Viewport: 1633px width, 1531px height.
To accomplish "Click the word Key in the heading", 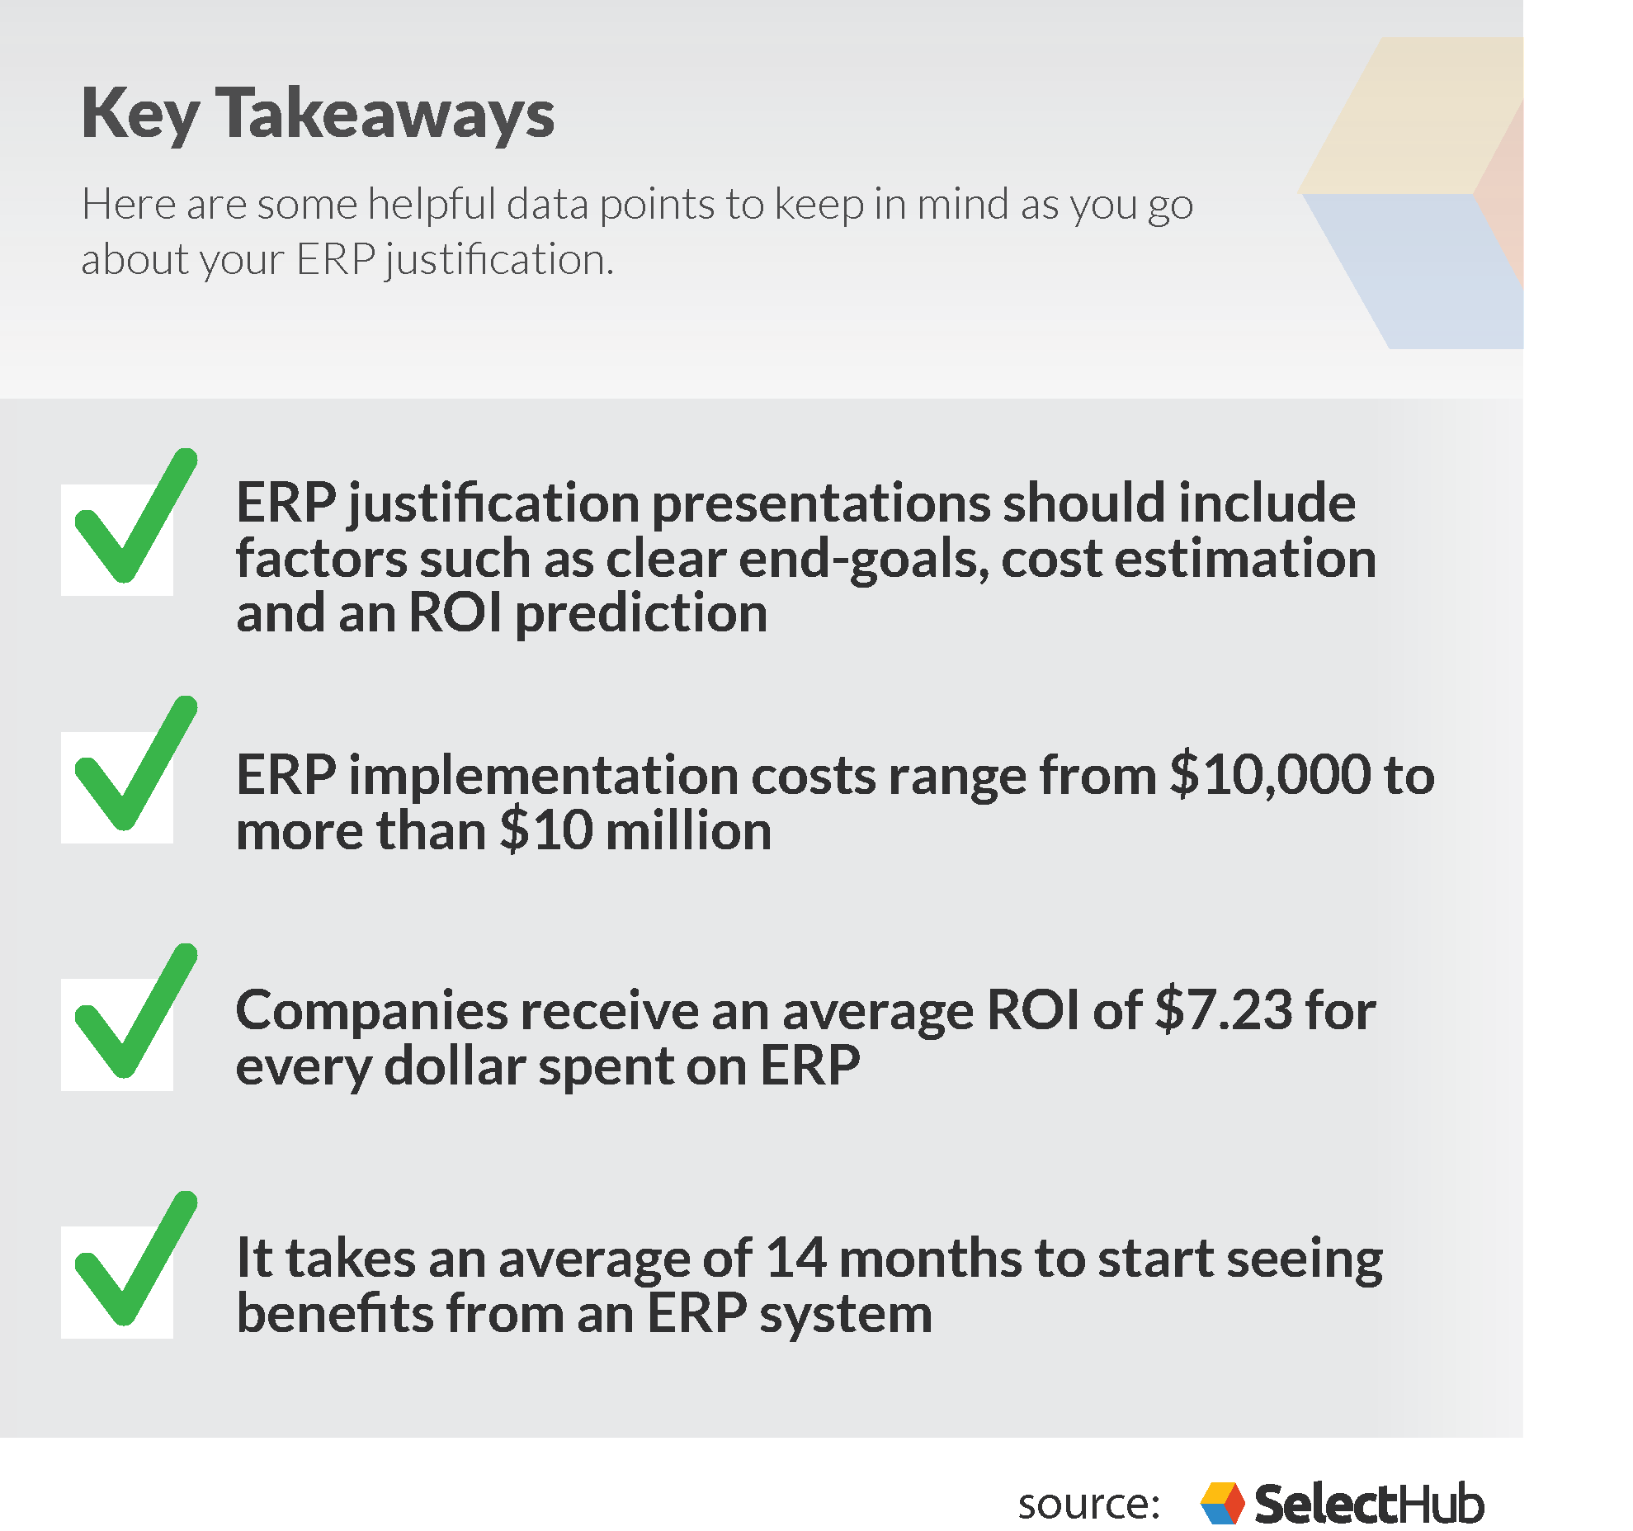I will pos(139,115).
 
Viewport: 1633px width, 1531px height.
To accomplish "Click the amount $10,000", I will pos(1271,776).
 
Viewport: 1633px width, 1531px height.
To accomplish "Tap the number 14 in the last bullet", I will pos(795,1259).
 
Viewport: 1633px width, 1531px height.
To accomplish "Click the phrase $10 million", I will pos(635,831).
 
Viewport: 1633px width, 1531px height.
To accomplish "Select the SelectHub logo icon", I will pos(1222,1503).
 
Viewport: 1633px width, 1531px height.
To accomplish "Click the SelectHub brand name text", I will pos(1368,1504).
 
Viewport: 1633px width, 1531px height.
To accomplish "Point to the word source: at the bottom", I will pos(1088,1504).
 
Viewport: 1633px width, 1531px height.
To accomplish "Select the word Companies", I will pos(371,1012).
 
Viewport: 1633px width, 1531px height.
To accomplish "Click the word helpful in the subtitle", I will pos(431,204).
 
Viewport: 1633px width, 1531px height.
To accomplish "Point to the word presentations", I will pos(820,503).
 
